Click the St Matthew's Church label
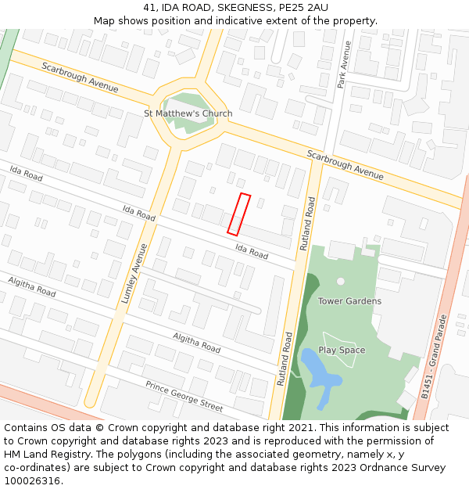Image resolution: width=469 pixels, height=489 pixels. click(188, 113)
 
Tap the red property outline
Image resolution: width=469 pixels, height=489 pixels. click(238, 214)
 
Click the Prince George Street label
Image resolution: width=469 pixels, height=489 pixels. click(184, 396)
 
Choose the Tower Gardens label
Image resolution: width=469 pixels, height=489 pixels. click(349, 301)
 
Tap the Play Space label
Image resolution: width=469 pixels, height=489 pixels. click(342, 350)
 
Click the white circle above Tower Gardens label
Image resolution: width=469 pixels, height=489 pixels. click(341, 281)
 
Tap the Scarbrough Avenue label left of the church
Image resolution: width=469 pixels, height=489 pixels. click(80, 77)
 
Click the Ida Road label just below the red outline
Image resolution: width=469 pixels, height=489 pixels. click(252, 251)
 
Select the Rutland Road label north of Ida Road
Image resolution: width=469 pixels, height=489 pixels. click(307, 223)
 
